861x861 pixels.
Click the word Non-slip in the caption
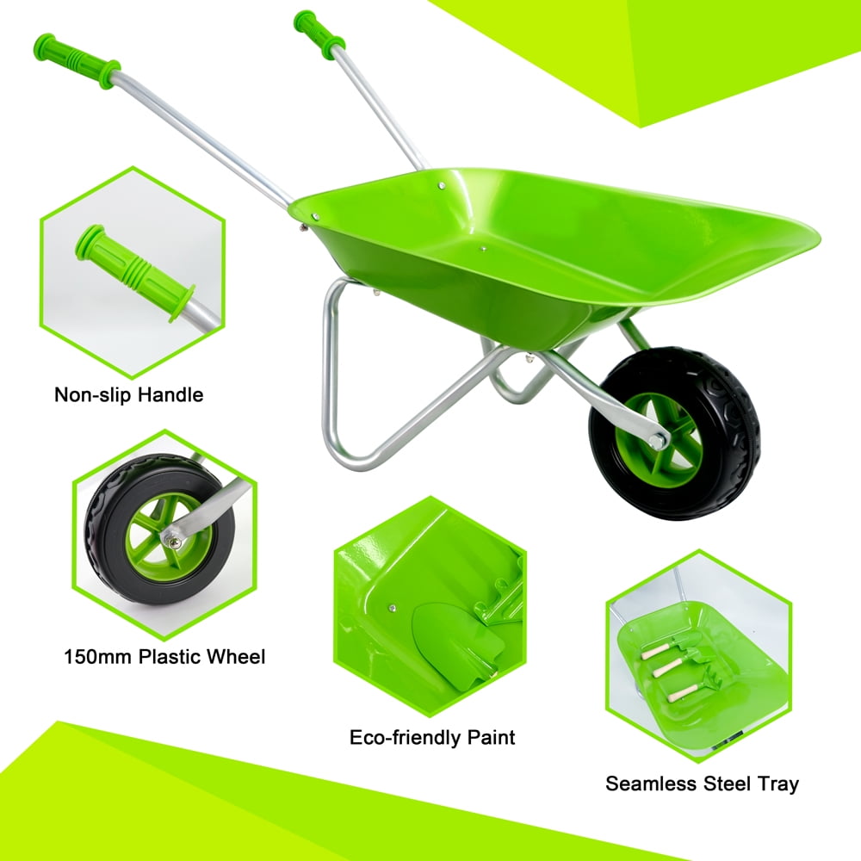tap(93, 395)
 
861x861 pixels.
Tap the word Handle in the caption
tap(170, 395)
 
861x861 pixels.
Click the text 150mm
tap(98, 657)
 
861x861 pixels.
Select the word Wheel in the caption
tap(237, 657)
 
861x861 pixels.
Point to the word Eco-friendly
tap(405, 738)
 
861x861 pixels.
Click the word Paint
tap(492, 738)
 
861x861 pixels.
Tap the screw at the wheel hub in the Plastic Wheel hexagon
tap(174, 543)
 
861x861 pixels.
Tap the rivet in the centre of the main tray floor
tap(483, 249)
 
